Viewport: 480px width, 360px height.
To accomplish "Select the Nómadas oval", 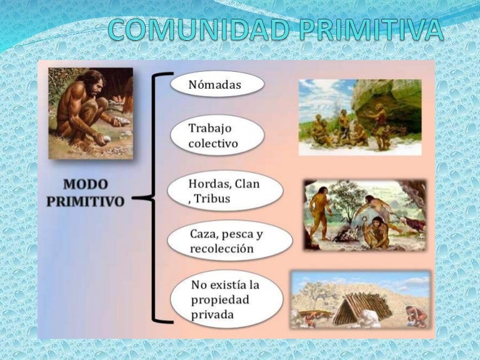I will click(216, 84).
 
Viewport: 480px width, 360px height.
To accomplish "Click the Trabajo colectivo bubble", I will click(216, 136).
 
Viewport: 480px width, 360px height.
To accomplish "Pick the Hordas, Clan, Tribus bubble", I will click(226, 191).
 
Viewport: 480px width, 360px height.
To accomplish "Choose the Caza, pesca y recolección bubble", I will click(230, 241).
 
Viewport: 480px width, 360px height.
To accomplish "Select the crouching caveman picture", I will click(91, 113).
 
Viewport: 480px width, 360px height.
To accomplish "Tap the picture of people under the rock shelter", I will click(359, 117).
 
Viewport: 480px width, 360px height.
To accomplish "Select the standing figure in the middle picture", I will click(321, 211).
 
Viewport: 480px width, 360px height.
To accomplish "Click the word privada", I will click(212, 314).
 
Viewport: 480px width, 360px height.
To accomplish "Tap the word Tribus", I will click(213, 199).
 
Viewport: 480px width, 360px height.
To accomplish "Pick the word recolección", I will click(222, 249).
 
